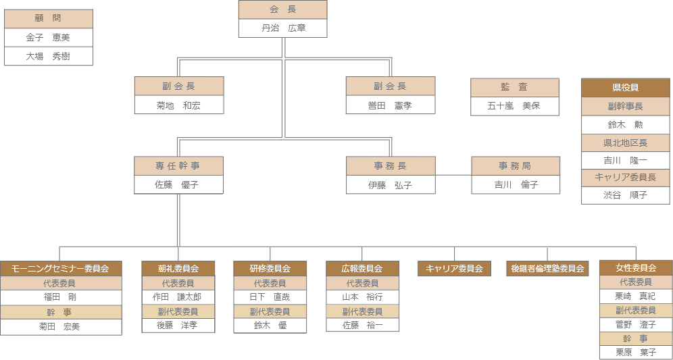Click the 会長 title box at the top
[282, 9]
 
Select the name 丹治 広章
[282, 28]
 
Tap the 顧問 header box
[48, 19]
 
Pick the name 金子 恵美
[48, 38]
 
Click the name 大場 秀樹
[48, 57]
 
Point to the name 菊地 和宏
[178, 105]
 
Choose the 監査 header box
[514, 87]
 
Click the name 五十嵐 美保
[514, 106]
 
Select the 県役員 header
[625, 88]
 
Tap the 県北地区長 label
[625, 143]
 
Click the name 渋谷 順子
[625, 195]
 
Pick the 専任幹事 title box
[178, 165]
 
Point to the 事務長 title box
[391, 165]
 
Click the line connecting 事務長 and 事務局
[453, 175]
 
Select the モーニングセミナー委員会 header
[60, 268]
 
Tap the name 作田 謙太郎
[178, 297]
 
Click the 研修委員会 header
[270, 268]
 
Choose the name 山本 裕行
[362, 297]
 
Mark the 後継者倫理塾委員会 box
[547, 268]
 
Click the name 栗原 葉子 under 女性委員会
[636, 352]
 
